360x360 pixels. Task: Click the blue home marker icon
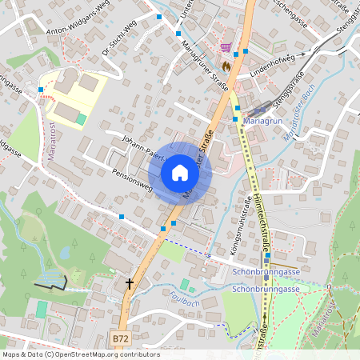(x=180, y=173)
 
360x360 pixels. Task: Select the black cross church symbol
(x=130, y=283)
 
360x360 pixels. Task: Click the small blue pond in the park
(x=65, y=253)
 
